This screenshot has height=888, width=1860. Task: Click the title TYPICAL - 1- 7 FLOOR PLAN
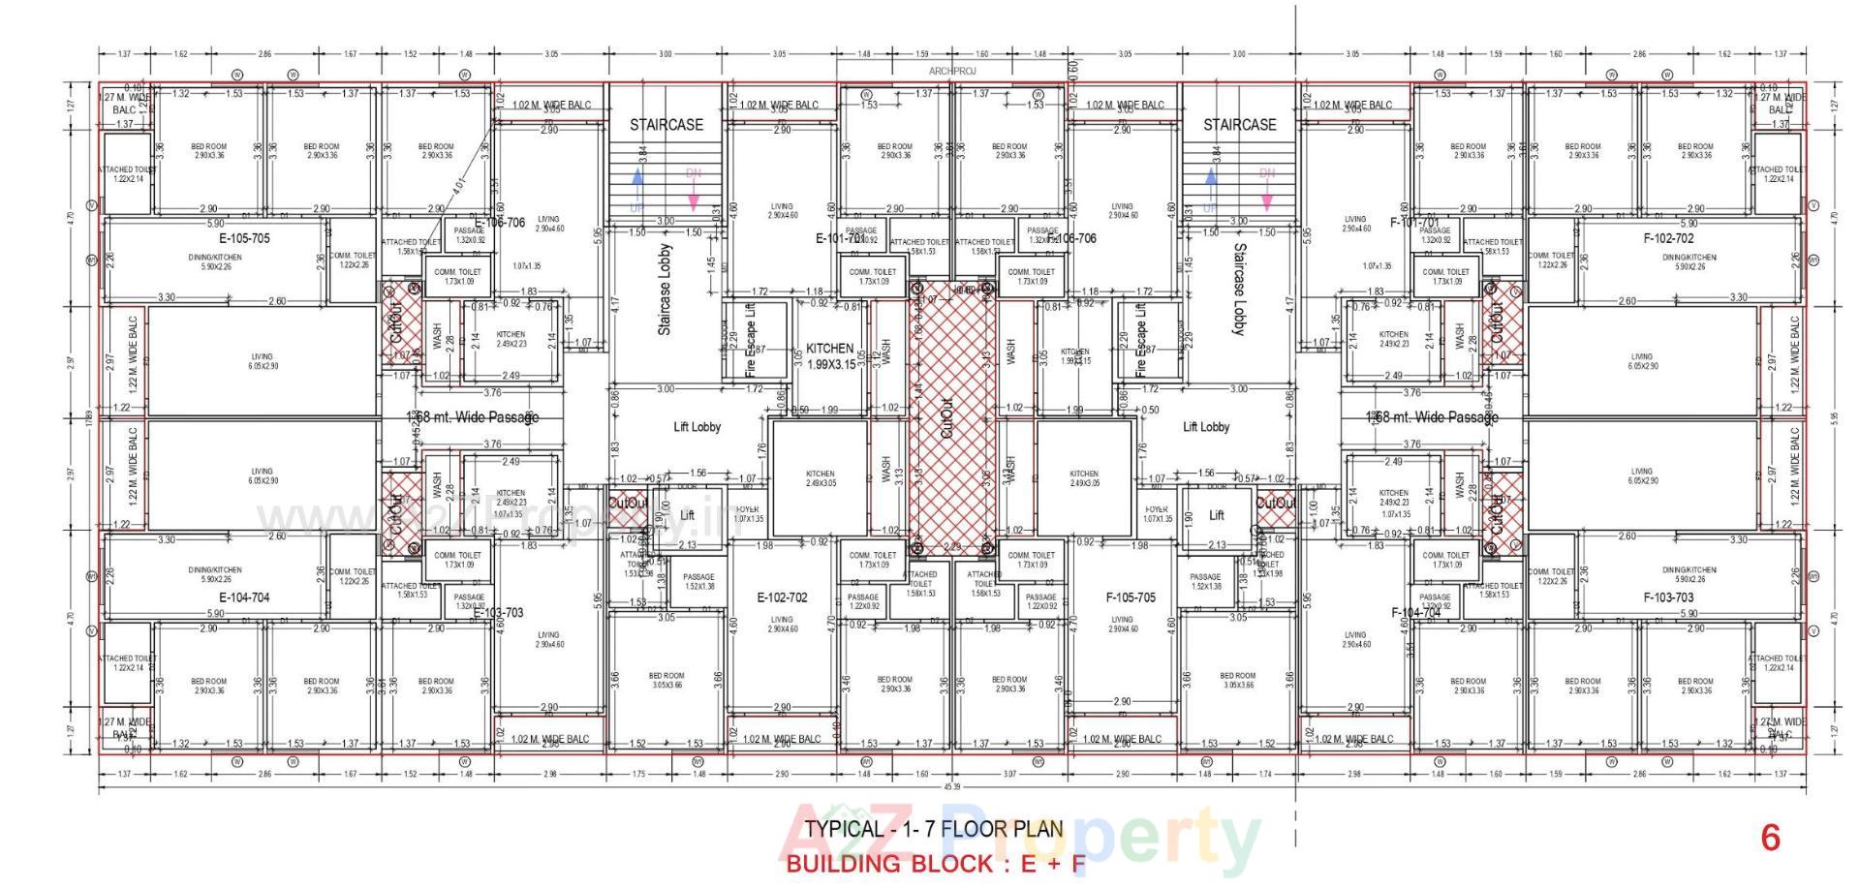[x=934, y=830]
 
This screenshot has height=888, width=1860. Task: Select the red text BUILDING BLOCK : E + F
[x=934, y=864]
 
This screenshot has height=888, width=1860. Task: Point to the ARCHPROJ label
[x=952, y=71]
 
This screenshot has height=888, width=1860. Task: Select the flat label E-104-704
[x=244, y=597]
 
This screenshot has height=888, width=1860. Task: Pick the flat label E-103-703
[x=498, y=612]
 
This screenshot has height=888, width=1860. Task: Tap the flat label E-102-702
[x=782, y=597]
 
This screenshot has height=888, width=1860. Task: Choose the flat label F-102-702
[x=1668, y=238]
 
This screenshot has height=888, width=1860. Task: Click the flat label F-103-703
[x=1668, y=597]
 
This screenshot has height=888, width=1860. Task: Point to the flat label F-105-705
[x=1131, y=597]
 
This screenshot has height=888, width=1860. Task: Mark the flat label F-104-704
[x=1415, y=612]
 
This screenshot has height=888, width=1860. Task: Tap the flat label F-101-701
[x=1415, y=223]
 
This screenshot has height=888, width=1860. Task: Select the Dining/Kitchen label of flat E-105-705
[x=215, y=260]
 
